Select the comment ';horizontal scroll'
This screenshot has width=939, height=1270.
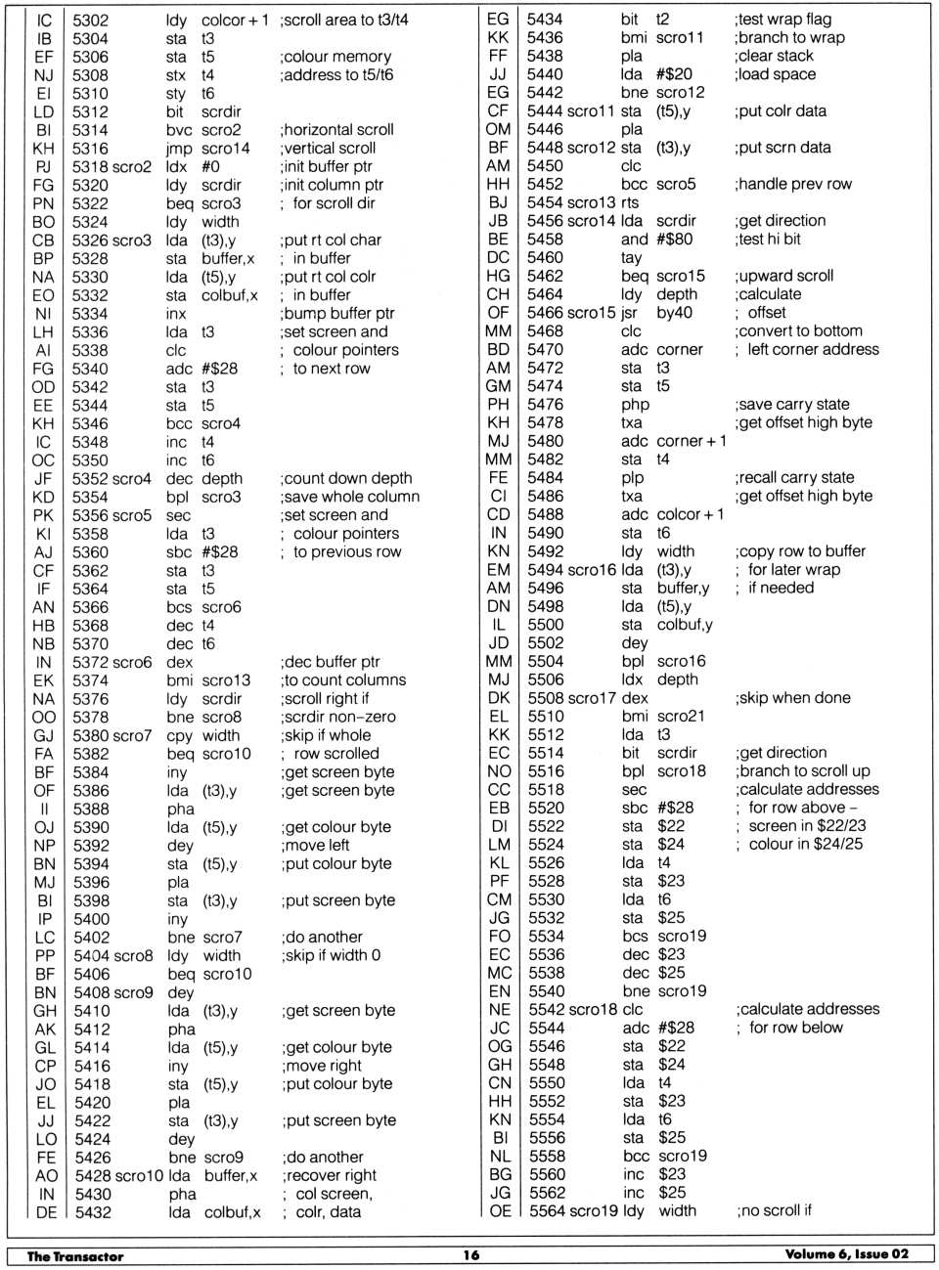[x=337, y=130]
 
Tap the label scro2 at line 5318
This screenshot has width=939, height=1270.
[x=132, y=166]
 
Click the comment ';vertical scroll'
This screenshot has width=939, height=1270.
[x=329, y=149]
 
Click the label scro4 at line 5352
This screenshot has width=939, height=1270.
[x=132, y=479]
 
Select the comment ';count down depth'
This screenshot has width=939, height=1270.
[x=346, y=479]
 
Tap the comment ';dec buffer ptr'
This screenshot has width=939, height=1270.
[x=331, y=662]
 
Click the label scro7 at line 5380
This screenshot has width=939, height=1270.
[x=132, y=735]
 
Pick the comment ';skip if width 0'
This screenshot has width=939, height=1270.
[x=331, y=955]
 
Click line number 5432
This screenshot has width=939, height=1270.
[x=93, y=1212]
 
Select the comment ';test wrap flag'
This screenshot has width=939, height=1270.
[x=782, y=20]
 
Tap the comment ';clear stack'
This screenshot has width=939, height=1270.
[x=774, y=56]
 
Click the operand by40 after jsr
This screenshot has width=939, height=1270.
[x=674, y=313]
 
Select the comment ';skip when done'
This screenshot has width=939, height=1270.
[x=792, y=698]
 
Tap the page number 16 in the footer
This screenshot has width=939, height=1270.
[x=471, y=1255]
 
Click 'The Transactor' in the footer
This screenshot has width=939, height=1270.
[x=75, y=1256]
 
